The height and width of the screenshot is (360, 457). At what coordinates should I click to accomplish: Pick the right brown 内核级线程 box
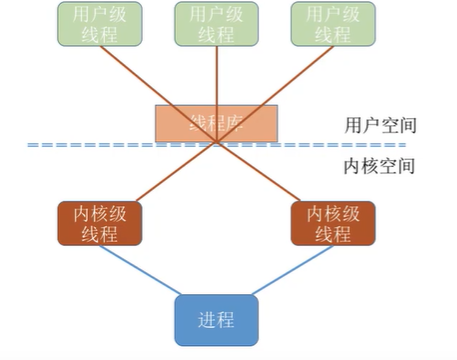click(x=333, y=223)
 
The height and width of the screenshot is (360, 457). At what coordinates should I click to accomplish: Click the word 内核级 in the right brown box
click(x=333, y=213)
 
